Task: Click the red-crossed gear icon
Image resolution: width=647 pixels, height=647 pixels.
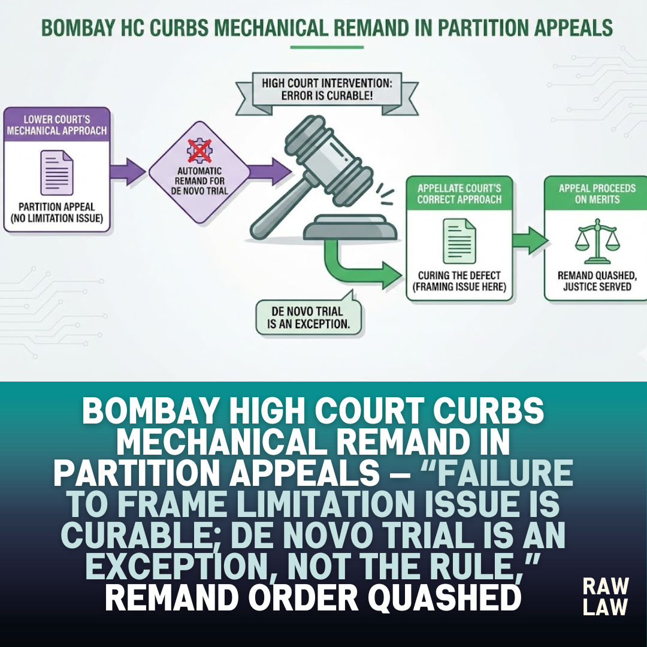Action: click(199, 150)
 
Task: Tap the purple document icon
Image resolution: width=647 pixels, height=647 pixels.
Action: click(57, 173)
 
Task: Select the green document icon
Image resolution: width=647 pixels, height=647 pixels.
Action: click(459, 241)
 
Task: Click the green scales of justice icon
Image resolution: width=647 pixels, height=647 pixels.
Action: click(597, 241)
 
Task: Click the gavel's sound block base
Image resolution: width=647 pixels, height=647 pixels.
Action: click(350, 228)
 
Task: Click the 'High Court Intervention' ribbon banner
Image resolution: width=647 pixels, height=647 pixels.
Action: click(327, 93)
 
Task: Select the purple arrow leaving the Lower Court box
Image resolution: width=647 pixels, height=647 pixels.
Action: click(128, 171)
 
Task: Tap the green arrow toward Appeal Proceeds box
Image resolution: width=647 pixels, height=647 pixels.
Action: click(531, 241)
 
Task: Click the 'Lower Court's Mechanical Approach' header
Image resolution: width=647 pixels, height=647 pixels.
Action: click(57, 125)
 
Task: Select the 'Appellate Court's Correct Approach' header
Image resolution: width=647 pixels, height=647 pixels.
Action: click(459, 194)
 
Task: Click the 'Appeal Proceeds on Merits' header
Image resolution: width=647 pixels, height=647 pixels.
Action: click(597, 194)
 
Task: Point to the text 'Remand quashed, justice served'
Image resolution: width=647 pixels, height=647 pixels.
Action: click(597, 281)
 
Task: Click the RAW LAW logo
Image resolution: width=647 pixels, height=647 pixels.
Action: click(605, 597)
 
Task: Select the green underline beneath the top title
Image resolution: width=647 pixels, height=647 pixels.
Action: click(327, 47)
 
